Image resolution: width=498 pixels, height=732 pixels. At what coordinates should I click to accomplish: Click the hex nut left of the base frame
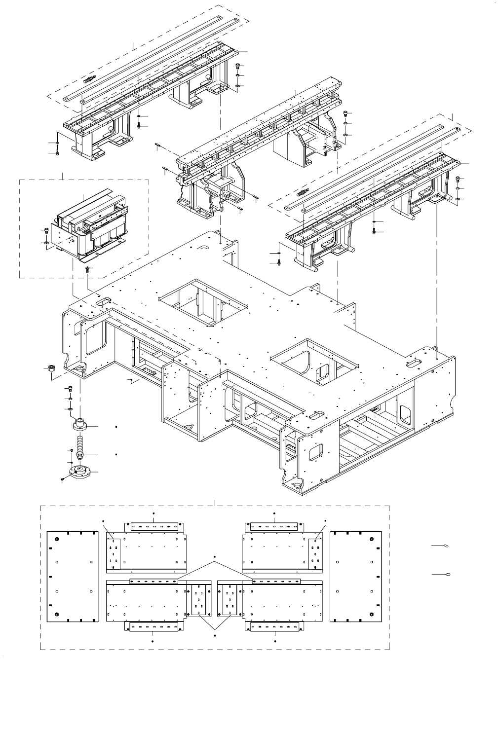click(x=50, y=368)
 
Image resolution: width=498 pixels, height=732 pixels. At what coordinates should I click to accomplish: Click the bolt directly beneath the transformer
click(x=87, y=269)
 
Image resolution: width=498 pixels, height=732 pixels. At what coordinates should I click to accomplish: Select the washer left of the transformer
click(x=46, y=243)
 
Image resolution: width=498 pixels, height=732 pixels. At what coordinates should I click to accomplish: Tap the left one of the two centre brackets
click(x=199, y=598)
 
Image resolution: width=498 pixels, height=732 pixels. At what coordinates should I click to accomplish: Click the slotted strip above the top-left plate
click(x=153, y=526)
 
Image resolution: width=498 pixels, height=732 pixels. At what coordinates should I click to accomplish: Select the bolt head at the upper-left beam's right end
click(x=239, y=66)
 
